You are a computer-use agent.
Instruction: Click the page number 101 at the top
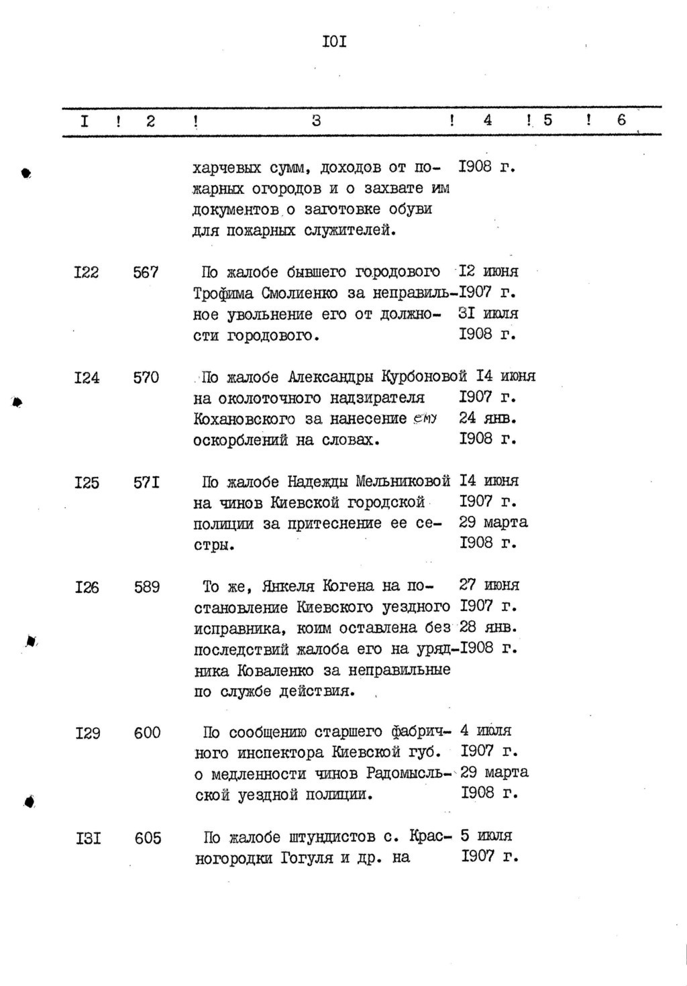coord(333,42)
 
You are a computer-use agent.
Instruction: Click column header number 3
coord(317,121)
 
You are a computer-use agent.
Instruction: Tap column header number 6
coord(621,120)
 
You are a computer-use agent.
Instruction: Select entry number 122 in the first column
coord(87,272)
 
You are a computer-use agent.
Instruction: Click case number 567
coord(146,272)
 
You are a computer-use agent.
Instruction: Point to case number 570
coord(146,378)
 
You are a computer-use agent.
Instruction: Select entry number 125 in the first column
coord(87,482)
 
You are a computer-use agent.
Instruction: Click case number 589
coord(146,587)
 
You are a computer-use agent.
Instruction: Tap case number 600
coord(147,732)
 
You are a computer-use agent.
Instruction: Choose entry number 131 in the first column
coord(88,838)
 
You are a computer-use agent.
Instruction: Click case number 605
coord(148,838)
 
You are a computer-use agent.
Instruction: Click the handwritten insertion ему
coord(425,418)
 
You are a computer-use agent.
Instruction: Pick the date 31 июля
coord(488,313)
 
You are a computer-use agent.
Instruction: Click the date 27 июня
coord(489,585)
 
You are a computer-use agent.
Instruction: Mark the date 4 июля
coord(486,730)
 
